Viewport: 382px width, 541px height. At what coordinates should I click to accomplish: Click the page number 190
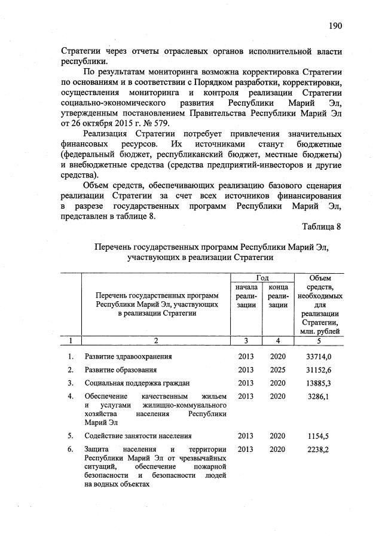coord(335,26)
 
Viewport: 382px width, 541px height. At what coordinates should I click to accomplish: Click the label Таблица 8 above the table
coord(321,227)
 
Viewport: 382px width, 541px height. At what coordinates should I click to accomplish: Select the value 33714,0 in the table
coord(318,356)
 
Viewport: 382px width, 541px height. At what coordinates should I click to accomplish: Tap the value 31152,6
coord(318,369)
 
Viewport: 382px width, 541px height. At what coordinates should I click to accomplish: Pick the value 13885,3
coord(318,383)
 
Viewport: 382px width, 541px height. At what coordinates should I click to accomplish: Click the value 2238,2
coord(320,449)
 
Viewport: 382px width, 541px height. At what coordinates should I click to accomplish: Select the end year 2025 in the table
coord(277,369)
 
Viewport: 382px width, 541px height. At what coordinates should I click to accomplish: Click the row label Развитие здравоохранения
coord(128,356)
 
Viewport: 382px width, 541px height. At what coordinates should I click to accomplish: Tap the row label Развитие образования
coord(120,369)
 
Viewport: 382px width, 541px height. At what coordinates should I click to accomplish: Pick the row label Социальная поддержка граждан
coord(137,383)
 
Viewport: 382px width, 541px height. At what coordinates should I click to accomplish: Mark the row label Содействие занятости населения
coord(138,436)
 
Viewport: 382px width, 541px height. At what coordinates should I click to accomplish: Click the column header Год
coord(262,278)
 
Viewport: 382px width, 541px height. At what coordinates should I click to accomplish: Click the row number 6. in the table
coord(71,449)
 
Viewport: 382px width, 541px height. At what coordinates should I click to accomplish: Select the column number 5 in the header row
coord(318,340)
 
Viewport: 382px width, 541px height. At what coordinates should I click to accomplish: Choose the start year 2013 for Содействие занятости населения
coord(246,436)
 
